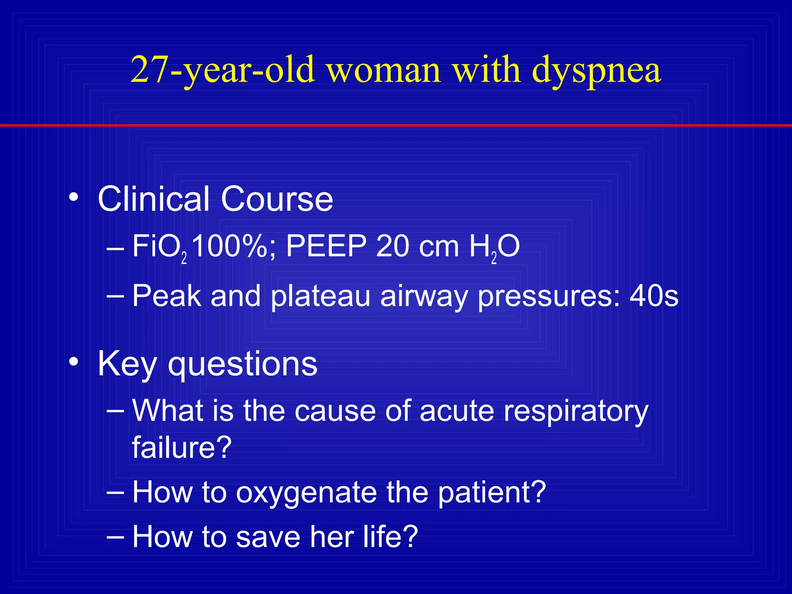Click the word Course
click(x=277, y=199)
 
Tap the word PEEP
click(x=326, y=246)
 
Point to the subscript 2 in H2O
click(x=494, y=258)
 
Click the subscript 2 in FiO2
click(x=184, y=258)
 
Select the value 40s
click(x=654, y=296)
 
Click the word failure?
click(x=182, y=447)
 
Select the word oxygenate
click(x=306, y=493)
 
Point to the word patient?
click(x=492, y=492)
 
